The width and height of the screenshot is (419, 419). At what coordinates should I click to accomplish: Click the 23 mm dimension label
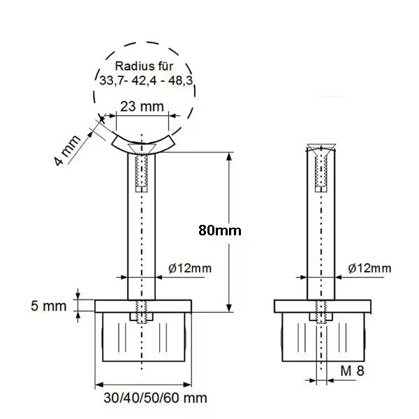[142, 107]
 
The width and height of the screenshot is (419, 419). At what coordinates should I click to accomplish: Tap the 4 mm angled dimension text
[67, 150]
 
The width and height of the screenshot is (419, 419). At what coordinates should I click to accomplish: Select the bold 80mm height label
[220, 230]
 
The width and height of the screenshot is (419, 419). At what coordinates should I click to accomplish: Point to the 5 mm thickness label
[48, 306]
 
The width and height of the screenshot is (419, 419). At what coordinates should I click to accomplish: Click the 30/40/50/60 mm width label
[155, 398]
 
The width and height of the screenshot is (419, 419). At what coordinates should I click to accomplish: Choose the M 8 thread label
[352, 371]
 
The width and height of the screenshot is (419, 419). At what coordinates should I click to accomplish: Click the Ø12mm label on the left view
[190, 268]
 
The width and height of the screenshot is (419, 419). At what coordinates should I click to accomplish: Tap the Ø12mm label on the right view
[369, 268]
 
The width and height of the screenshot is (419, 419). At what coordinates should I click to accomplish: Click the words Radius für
[144, 66]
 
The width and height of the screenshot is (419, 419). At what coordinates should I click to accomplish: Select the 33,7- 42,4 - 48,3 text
[146, 80]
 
